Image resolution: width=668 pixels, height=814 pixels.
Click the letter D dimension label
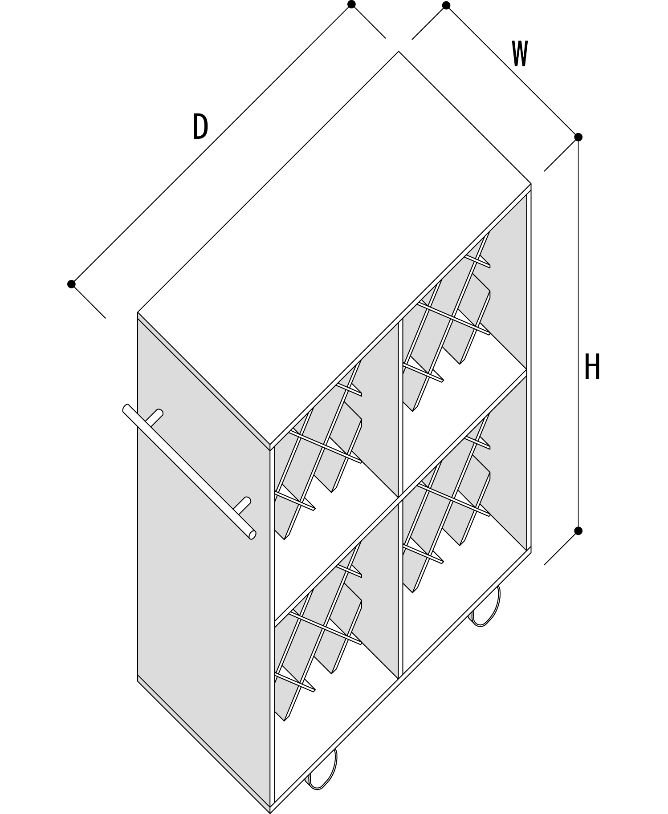(200, 126)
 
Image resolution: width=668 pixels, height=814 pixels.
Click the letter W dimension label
(520, 54)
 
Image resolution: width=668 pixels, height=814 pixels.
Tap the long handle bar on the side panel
(189, 472)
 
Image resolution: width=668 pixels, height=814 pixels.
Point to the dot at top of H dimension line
(578, 137)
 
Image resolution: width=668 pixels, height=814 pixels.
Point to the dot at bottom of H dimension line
(578, 531)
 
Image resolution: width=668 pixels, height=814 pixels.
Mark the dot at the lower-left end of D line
(71, 284)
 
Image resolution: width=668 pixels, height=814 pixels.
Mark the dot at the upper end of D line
(351, 4)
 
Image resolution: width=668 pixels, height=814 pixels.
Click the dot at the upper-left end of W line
(446, 5)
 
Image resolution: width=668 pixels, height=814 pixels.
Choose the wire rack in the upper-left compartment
(318, 450)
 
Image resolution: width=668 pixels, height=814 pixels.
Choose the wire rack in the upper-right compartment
(446, 320)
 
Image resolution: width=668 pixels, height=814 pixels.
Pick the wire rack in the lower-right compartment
(446, 503)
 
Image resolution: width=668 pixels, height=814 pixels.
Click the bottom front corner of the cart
(270, 812)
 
